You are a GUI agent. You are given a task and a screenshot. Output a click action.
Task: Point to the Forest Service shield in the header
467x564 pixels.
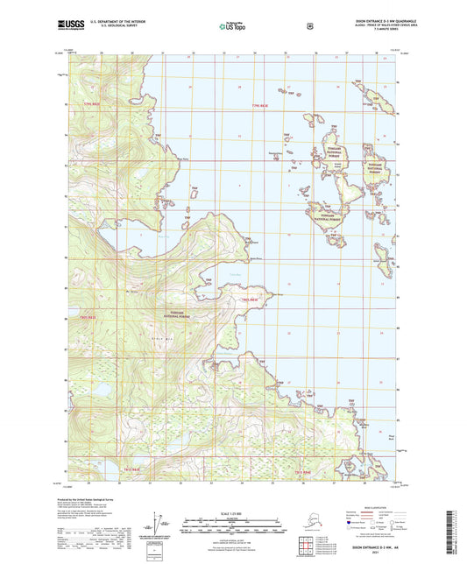point(309,26)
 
